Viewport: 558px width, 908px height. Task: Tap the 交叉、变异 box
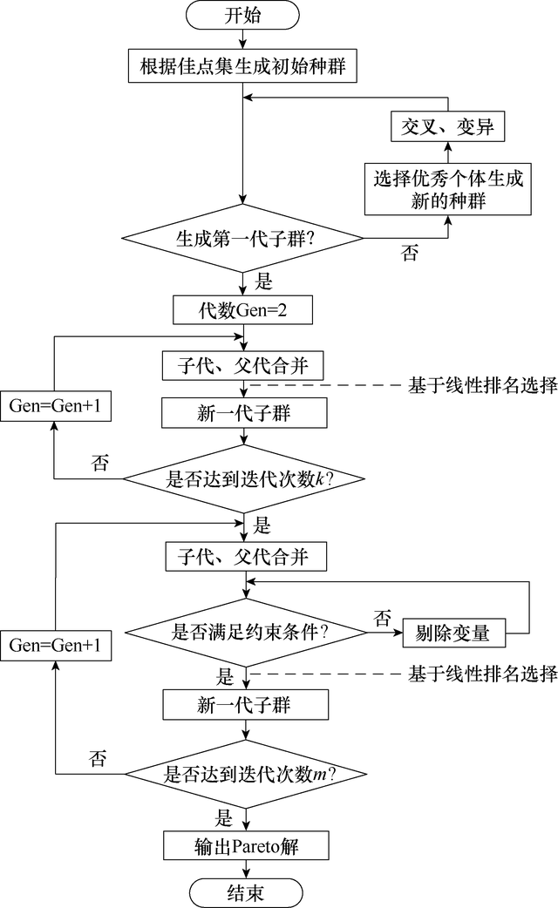coord(447,127)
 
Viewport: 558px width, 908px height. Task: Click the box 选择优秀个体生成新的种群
coord(448,189)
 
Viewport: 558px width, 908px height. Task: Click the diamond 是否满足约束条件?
coord(244,632)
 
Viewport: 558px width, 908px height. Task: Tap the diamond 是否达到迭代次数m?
coord(244,773)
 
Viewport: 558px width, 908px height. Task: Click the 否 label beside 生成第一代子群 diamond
coord(408,254)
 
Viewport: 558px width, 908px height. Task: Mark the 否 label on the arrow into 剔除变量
coord(382,618)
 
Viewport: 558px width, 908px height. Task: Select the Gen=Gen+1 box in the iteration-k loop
coord(54,406)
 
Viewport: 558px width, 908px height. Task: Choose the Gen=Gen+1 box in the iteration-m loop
coord(54,646)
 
